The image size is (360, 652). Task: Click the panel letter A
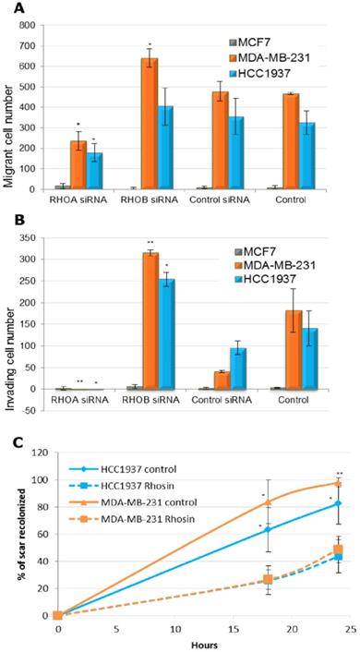point(19,9)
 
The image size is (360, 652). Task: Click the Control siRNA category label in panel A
point(219,199)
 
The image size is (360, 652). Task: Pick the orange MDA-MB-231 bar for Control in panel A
point(290,141)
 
